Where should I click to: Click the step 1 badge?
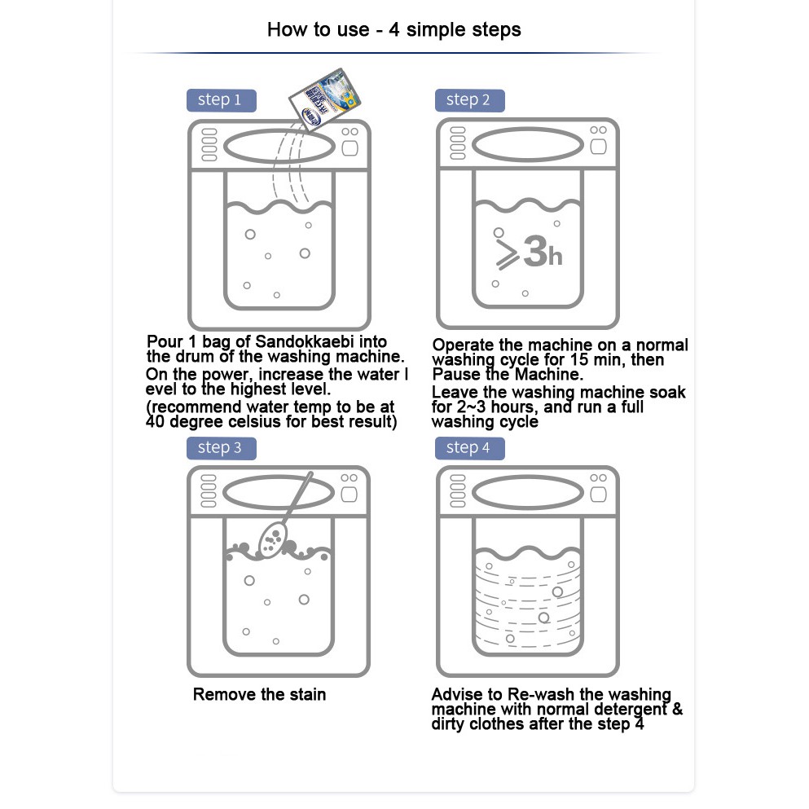click(222, 100)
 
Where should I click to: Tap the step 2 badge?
click(469, 100)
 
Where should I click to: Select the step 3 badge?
click(222, 448)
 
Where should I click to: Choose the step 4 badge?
click(469, 448)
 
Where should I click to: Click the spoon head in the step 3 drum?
click(271, 539)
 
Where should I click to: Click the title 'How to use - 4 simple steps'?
click(394, 30)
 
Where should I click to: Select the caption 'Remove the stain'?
click(260, 694)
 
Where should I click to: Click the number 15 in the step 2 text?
click(579, 359)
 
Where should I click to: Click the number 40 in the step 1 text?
click(155, 421)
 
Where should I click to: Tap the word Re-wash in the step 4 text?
click(541, 694)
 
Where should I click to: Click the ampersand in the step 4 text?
click(677, 709)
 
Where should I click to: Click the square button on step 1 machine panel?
click(350, 148)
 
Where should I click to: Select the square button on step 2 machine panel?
click(599, 147)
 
